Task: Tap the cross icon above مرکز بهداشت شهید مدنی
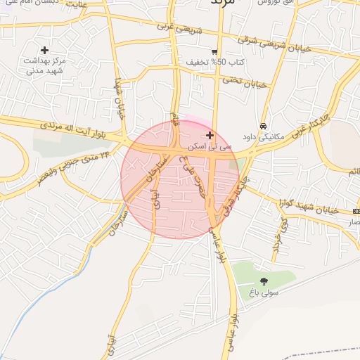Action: click(45, 50)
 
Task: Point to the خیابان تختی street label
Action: click(245, 82)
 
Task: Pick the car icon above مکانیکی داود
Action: click(262, 126)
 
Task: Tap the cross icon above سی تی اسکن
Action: click(210, 134)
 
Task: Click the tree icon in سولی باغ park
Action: click(264, 281)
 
